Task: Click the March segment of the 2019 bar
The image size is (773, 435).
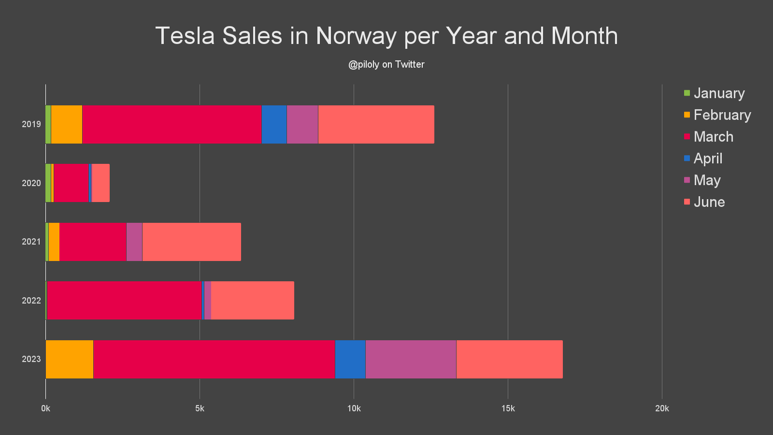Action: coord(172,124)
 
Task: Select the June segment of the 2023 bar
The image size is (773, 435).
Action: coord(509,359)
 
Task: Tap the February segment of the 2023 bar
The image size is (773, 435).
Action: coord(70,359)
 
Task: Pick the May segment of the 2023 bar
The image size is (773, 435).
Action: coord(411,359)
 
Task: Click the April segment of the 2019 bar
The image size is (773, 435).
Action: coord(274,124)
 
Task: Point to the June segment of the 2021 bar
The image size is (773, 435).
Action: coord(191,242)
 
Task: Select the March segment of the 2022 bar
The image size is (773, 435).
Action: coord(124,300)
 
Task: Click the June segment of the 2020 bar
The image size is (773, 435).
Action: coord(100,183)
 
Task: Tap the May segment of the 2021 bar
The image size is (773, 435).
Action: coord(134,242)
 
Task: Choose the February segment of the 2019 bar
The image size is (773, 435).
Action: coord(67,124)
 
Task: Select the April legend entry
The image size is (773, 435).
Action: coord(707,158)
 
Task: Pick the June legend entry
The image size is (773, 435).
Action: coord(709,202)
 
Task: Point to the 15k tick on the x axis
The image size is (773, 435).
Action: coord(508,408)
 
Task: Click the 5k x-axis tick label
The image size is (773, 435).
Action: coord(200,408)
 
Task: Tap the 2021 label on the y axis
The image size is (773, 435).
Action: coord(31,242)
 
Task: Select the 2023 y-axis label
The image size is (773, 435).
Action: coord(31,359)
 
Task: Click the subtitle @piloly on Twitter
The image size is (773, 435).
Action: coord(386,64)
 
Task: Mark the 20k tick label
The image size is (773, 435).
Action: coord(661,408)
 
